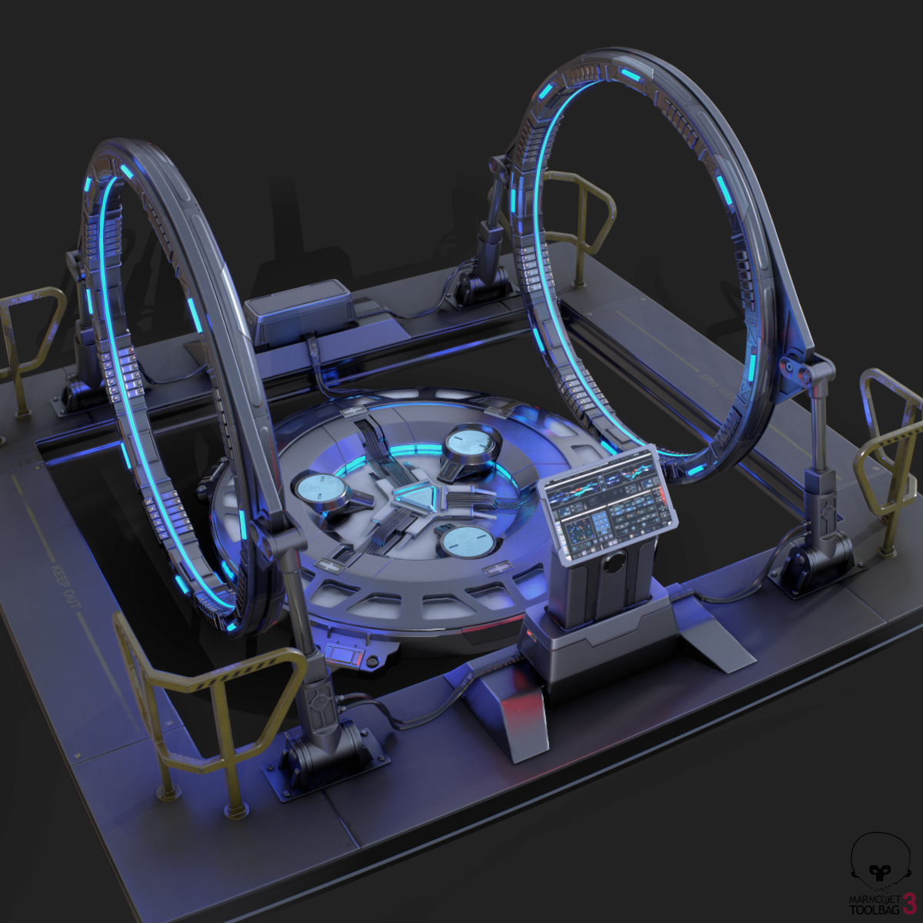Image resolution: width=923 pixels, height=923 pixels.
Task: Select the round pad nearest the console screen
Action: pyautogui.click(x=467, y=541)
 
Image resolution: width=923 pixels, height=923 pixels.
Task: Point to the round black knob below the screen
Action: pyautogui.click(x=613, y=564)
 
